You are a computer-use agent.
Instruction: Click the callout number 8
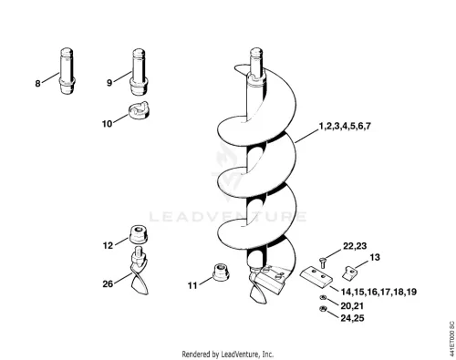pos(37,83)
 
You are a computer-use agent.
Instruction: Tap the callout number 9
pos(109,82)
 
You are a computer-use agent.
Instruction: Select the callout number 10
pos(107,124)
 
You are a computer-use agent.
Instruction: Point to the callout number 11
pos(192,285)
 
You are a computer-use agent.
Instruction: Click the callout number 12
pos(108,245)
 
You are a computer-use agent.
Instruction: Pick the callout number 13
pos(375,257)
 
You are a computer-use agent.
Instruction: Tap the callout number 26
pos(108,283)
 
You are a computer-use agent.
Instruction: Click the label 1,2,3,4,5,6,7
pos(345,126)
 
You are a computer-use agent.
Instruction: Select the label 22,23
pos(355,246)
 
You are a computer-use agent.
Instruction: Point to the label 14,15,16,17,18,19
pos(378,292)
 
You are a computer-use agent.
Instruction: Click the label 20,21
pos(352,305)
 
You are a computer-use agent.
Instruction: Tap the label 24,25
pos(352,318)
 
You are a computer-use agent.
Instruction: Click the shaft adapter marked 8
pos(67,71)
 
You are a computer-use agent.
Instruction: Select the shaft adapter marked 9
pos(139,71)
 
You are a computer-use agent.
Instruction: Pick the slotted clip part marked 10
pos(139,110)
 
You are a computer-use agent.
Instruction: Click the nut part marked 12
pos(139,234)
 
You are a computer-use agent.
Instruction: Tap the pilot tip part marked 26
pos(139,271)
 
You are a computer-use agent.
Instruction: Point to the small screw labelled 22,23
pos(323,262)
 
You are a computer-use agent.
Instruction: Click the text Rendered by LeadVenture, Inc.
pos(228,355)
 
